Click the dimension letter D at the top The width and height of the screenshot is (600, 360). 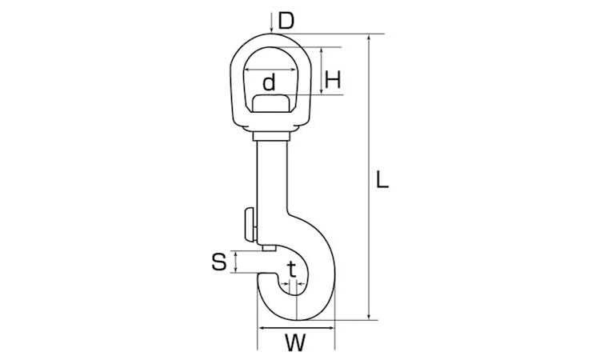coord(286,21)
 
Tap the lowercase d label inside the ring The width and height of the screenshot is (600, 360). coord(269,82)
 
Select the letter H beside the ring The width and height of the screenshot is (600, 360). coord(333,81)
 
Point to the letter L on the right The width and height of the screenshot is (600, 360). coord(382,180)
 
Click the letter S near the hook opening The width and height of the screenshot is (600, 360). coord(219,262)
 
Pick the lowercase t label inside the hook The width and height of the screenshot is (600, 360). coord(292,270)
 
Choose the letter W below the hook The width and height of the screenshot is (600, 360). coord(295,342)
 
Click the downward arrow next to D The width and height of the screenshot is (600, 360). coord(271,22)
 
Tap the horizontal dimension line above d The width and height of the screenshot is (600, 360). coord(270,70)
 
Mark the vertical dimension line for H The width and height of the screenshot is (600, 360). coord(322,70)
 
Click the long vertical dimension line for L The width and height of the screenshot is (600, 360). coord(369,177)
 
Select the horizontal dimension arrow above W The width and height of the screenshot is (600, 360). coord(296,328)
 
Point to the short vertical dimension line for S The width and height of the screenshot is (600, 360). coord(236,262)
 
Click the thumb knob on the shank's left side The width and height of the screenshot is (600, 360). coord(250,225)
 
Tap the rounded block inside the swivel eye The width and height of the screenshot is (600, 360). coord(271,103)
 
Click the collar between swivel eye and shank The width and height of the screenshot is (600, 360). coord(271,136)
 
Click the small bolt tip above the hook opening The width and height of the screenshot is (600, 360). coord(270,248)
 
